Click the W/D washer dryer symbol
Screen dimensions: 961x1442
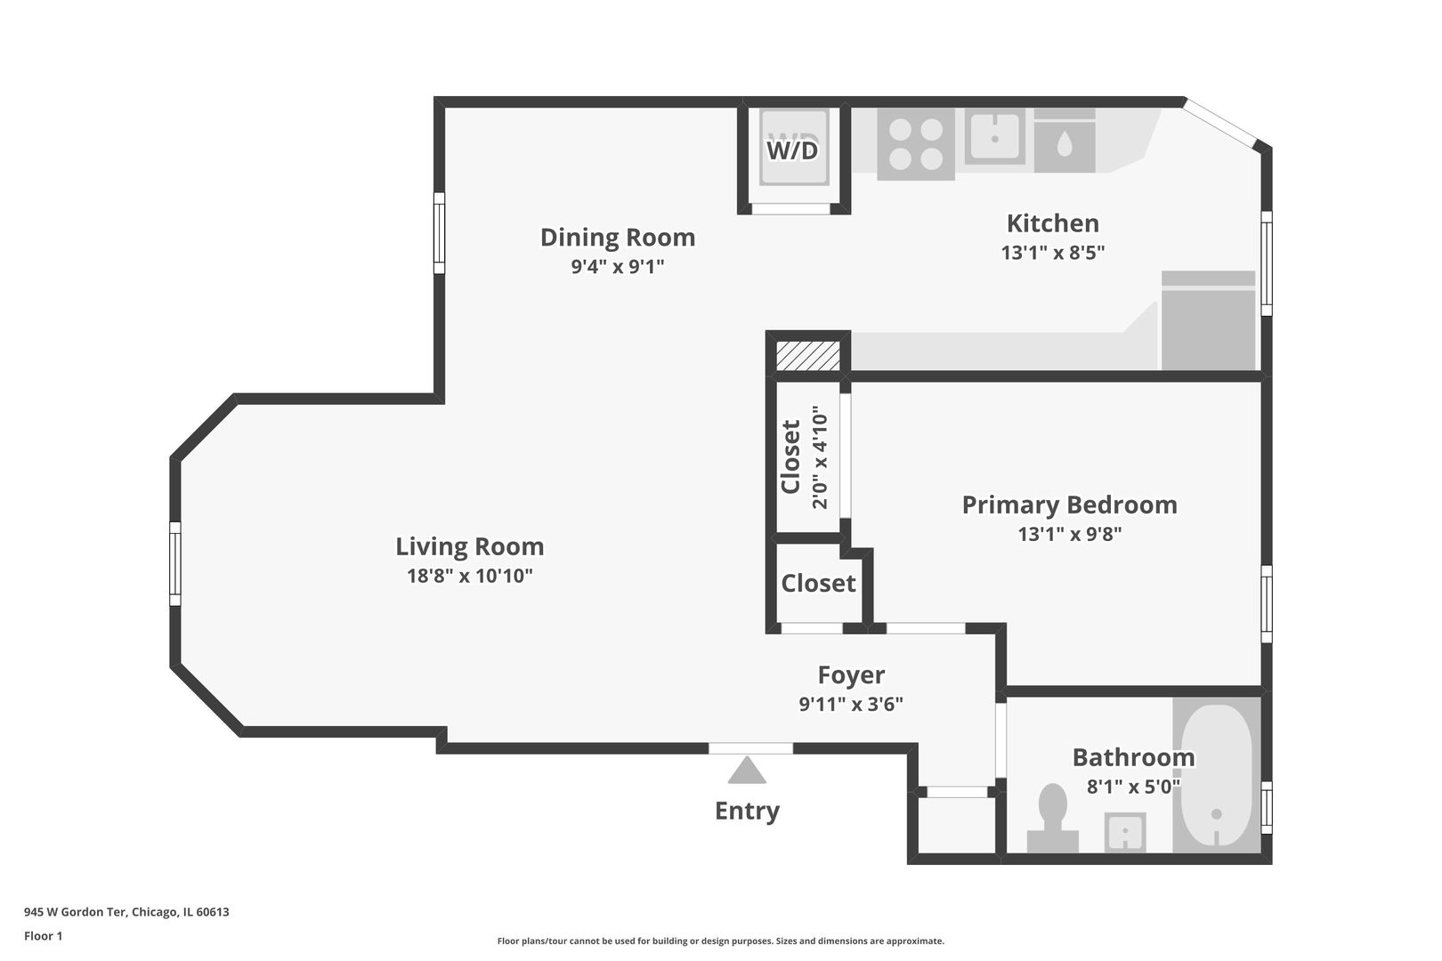pos(792,149)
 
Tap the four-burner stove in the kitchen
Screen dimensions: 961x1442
pos(916,144)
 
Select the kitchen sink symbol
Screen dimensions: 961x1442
pos(994,137)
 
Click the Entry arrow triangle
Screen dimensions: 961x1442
pos(747,771)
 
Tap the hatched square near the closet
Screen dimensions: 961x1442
pos(807,355)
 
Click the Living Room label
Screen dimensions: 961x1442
pos(469,546)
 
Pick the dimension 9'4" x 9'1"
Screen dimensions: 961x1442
pos(618,266)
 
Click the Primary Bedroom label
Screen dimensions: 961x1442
pos(1069,505)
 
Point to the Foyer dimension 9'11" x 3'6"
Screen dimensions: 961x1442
pos(851,704)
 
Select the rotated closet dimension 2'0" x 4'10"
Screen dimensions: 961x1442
pos(820,457)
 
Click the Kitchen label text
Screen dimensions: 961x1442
pos(1052,222)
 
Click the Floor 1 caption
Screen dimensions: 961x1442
pos(43,936)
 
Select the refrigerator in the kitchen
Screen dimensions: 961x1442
pos(1208,320)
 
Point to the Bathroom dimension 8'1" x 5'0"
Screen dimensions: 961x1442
pos(1133,787)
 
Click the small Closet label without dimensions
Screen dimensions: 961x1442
pos(818,583)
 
